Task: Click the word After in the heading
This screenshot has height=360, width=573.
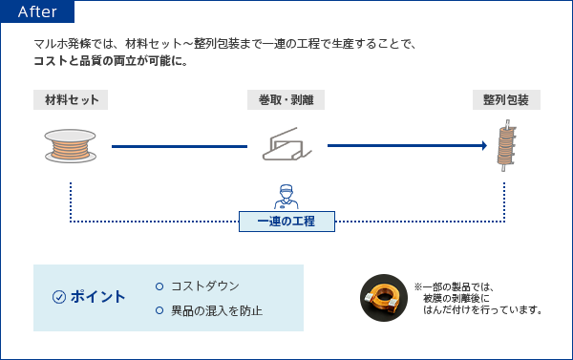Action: (37, 12)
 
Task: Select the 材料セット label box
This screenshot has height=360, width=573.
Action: (71, 100)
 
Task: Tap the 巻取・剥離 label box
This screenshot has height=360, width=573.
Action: (286, 100)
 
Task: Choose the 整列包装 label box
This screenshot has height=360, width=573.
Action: (506, 100)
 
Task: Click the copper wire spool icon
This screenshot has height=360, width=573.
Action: (71, 144)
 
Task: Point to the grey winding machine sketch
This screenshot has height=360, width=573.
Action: (286, 145)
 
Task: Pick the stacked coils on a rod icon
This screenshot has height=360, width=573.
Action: (506, 145)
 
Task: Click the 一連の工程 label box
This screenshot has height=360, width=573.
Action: (286, 222)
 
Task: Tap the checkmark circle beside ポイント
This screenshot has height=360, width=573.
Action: (59, 297)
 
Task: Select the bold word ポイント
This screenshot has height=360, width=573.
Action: (98, 297)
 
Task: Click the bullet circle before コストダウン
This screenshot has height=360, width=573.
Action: (159, 286)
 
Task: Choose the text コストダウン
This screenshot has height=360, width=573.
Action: (205, 286)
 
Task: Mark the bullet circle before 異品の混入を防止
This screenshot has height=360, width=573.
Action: (159, 310)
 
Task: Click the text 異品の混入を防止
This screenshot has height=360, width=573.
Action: (217, 310)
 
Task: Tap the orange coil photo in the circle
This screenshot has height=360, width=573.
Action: (384, 297)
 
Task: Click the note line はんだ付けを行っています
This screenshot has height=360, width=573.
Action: (482, 310)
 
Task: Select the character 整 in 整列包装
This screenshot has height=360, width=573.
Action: (489, 100)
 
